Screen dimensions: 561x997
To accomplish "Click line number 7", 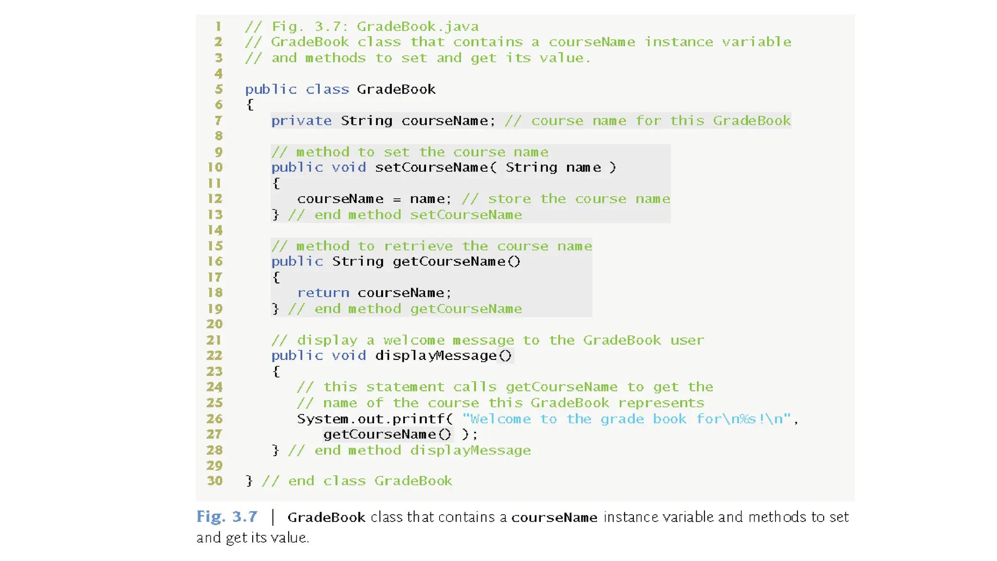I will point(218,120).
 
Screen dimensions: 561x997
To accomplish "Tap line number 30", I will point(215,481).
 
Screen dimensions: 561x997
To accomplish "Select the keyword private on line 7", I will point(301,121).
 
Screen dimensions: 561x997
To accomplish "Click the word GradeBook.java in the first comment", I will point(417,26).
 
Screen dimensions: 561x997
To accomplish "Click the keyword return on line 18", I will point(323,293).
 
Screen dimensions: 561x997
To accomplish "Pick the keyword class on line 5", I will point(327,90).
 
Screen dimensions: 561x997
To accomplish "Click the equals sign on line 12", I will point(397,199).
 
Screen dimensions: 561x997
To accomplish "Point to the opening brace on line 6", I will point(250,105).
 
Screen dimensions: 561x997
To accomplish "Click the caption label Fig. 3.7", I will point(226,517).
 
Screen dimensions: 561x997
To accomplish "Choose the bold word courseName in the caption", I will point(554,517).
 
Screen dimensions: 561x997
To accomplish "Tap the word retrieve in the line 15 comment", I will point(418,246).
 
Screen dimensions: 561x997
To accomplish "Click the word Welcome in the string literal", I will point(500,419).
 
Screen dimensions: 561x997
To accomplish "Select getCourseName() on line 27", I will point(387,434).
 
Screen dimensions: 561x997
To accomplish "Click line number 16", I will point(215,262).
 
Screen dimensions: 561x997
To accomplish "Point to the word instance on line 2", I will point(679,42).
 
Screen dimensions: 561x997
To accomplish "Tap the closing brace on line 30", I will point(249,481).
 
